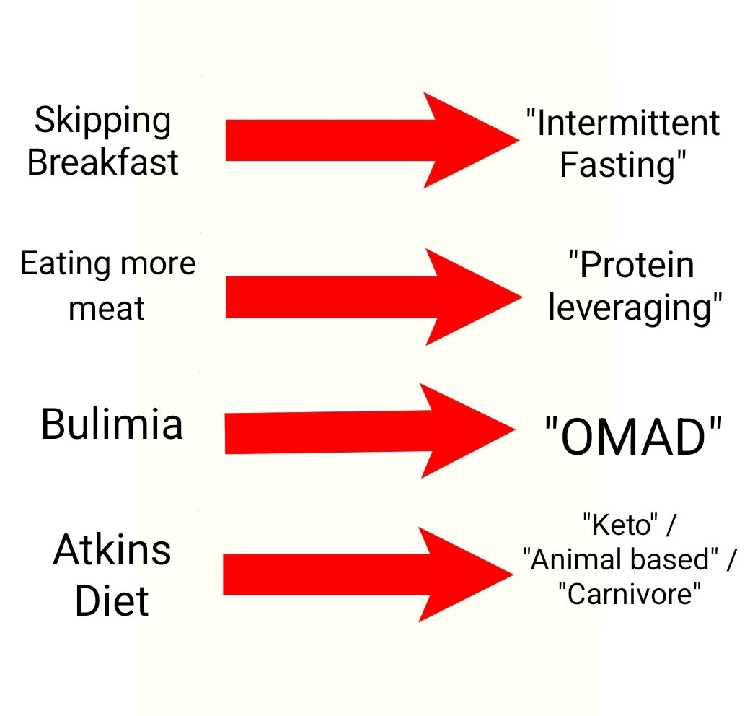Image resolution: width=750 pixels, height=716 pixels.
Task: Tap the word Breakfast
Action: [102, 162]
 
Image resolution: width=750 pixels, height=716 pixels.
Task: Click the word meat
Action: [107, 308]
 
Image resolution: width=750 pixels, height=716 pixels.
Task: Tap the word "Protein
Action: [631, 266]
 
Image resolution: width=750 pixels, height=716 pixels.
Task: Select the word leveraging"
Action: [635, 308]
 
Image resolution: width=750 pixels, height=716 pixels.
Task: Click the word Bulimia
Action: [111, 424]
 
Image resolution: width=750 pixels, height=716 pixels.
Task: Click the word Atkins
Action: [112, 551]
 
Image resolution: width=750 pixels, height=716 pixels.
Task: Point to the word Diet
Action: [112, 601]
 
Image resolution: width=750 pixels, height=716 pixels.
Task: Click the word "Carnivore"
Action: [630, 595]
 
